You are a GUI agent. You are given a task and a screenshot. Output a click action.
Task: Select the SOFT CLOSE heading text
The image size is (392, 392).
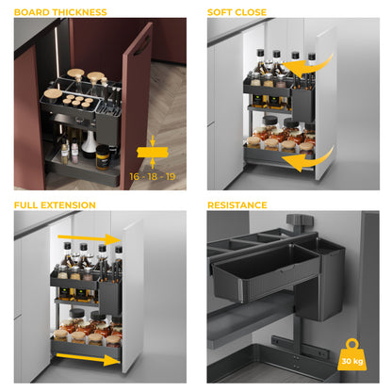tap(237, 12)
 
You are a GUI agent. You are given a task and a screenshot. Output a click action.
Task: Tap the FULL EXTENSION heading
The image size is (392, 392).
tap(55, 204)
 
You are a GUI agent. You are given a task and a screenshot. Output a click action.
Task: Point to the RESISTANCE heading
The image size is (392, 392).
tap(237, 204)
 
